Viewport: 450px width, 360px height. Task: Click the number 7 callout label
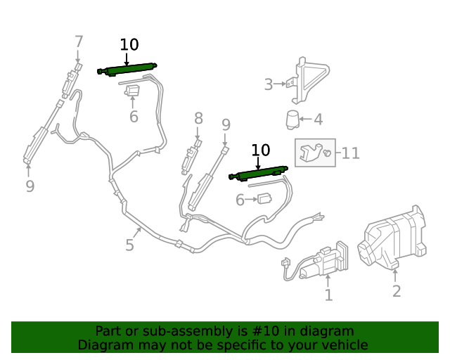pos(79,42)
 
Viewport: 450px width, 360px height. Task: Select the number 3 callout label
pos(269,84)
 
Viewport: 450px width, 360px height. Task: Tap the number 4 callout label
pos(318,120)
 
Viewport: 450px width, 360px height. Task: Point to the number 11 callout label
pos(351,153)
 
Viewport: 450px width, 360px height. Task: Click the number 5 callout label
pos(129,245)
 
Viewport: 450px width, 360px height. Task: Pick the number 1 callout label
pos(328,295)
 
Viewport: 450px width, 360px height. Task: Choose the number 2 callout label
pos(397,291)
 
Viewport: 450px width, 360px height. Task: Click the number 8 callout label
pos(198,118)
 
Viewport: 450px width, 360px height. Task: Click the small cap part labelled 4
pos(292,119)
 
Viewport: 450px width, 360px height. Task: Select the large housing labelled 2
pos(392,238)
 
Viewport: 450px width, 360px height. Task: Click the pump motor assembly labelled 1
pos(316,261)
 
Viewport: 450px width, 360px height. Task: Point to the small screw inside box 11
pos(326,153)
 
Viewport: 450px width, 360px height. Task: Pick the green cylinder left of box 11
pos(258,173)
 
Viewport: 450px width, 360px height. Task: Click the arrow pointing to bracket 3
pos(280,84)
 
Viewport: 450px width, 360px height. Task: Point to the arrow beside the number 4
pos(306,119)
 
